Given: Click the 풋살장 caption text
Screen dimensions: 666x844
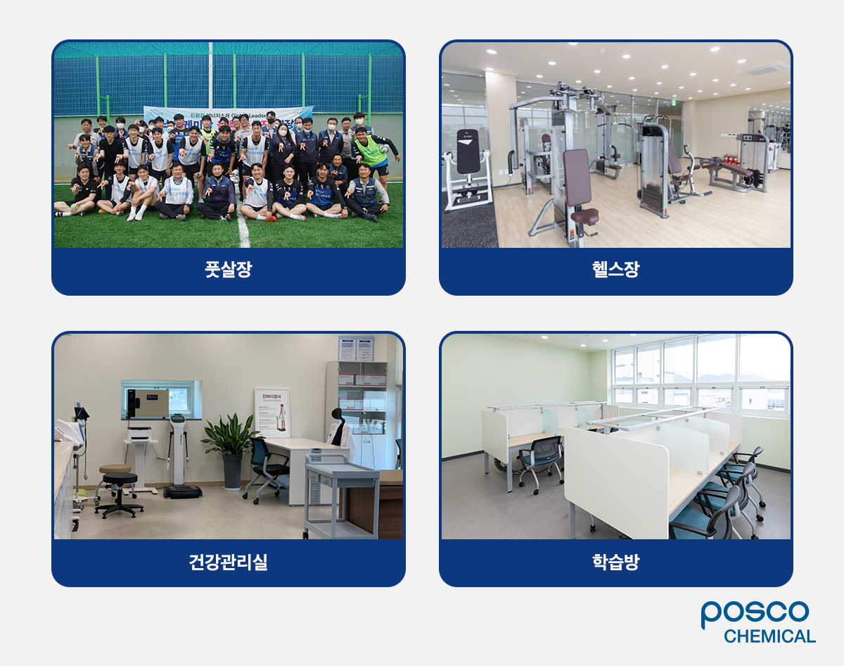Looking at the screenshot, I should click(x=229, y=270).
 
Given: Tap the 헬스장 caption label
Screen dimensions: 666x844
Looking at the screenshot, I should click(x=615, y=270).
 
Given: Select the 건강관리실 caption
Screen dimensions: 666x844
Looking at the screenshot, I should click(x=229, y=563).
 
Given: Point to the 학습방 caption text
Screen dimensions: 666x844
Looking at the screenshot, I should click(x=615, y=563).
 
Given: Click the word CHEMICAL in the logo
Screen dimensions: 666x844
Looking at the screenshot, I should click(x=769, y=636).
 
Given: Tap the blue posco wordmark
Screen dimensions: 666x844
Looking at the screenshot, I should click(x=755, y=613).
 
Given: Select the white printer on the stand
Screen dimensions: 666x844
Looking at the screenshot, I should click(x=141, y=432).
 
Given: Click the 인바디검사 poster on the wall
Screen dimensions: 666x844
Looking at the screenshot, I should click(x=271, y=413).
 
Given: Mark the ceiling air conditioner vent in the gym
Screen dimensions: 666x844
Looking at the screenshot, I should click(x=762, y=68).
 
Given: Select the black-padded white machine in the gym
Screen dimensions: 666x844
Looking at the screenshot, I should click(x=466, y=169).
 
